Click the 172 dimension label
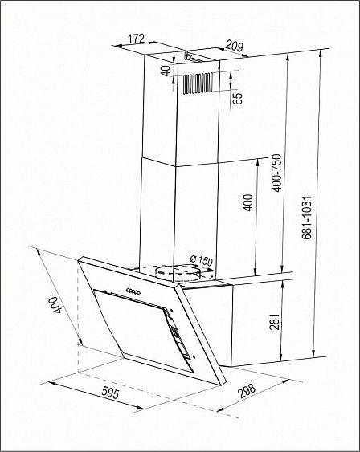point(136,39)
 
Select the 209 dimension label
point(234,46)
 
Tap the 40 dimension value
point(166,71)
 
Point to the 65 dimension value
point(237,98)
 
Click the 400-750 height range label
point(276,173)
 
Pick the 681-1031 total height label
point(307,218)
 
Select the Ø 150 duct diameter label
point(201,261)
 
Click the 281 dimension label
point(274,322)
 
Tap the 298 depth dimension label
point(247,391)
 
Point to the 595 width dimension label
point(110,393)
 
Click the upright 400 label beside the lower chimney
point(247,202)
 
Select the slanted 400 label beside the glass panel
point(55,305)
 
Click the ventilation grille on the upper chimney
point(198,83)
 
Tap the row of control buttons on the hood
point(133,291)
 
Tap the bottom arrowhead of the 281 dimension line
point(280,357)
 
